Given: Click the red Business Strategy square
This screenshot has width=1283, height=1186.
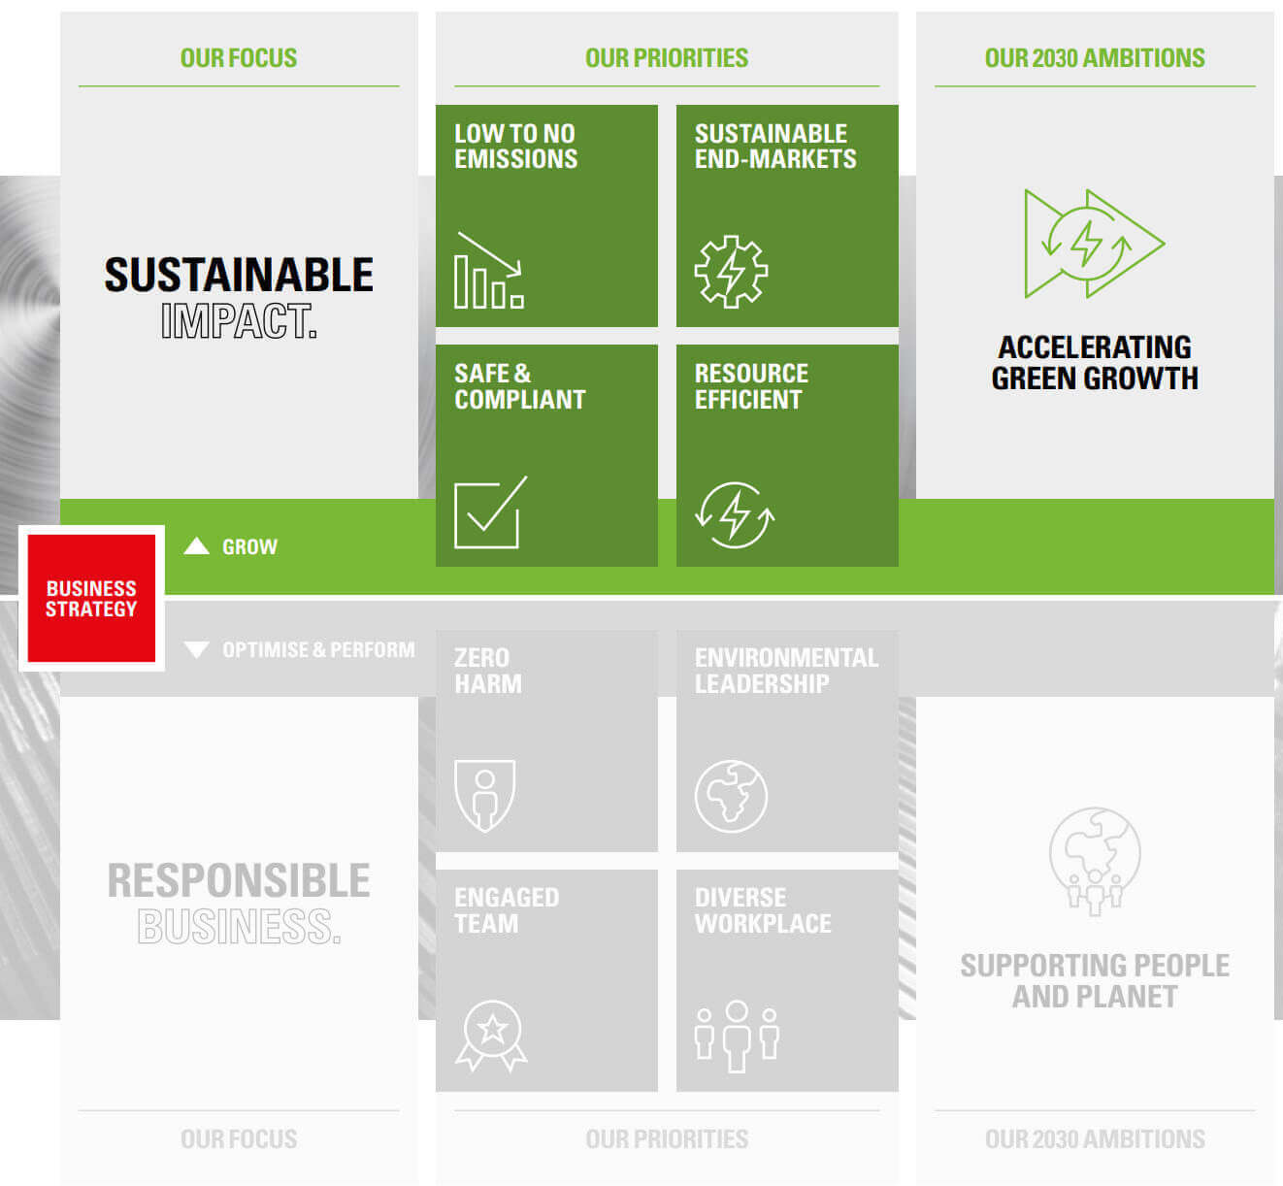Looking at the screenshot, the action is click(91, 598).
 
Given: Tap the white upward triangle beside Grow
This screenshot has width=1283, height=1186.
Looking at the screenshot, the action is click(196, 546).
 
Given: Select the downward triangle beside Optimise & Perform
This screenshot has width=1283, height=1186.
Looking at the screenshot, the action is click(196, 649).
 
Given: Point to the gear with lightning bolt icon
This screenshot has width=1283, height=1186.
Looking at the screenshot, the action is click(731, 272).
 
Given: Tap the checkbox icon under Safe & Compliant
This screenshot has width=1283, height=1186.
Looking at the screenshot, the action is click(490, 512).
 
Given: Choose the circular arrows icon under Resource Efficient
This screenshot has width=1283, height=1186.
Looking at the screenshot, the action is click(735, 515).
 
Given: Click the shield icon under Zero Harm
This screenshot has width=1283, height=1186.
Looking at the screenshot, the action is click(484, 796).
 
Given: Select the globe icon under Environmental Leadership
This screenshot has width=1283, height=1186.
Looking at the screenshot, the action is click(731, 796).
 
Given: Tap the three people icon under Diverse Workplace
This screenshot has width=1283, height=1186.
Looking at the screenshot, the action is click(737, 1037).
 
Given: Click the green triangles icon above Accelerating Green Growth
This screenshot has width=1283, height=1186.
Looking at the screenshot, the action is click(1095, 244).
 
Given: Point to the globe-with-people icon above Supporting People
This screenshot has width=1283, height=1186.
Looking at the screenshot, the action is click(1095, 861).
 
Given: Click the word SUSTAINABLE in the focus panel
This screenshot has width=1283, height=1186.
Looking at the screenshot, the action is click(239, 275).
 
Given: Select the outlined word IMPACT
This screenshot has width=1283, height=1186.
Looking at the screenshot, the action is click(239, 320).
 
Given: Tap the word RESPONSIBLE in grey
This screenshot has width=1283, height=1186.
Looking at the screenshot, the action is click(239, 880).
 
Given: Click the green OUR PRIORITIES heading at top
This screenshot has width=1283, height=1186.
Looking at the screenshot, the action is click(667, 58).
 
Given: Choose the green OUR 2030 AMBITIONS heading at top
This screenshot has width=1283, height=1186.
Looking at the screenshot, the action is click(1095, 58).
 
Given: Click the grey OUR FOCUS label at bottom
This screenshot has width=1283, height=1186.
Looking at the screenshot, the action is click(239, 1138).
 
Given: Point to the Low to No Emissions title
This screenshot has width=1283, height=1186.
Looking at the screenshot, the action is click(515, 147).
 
